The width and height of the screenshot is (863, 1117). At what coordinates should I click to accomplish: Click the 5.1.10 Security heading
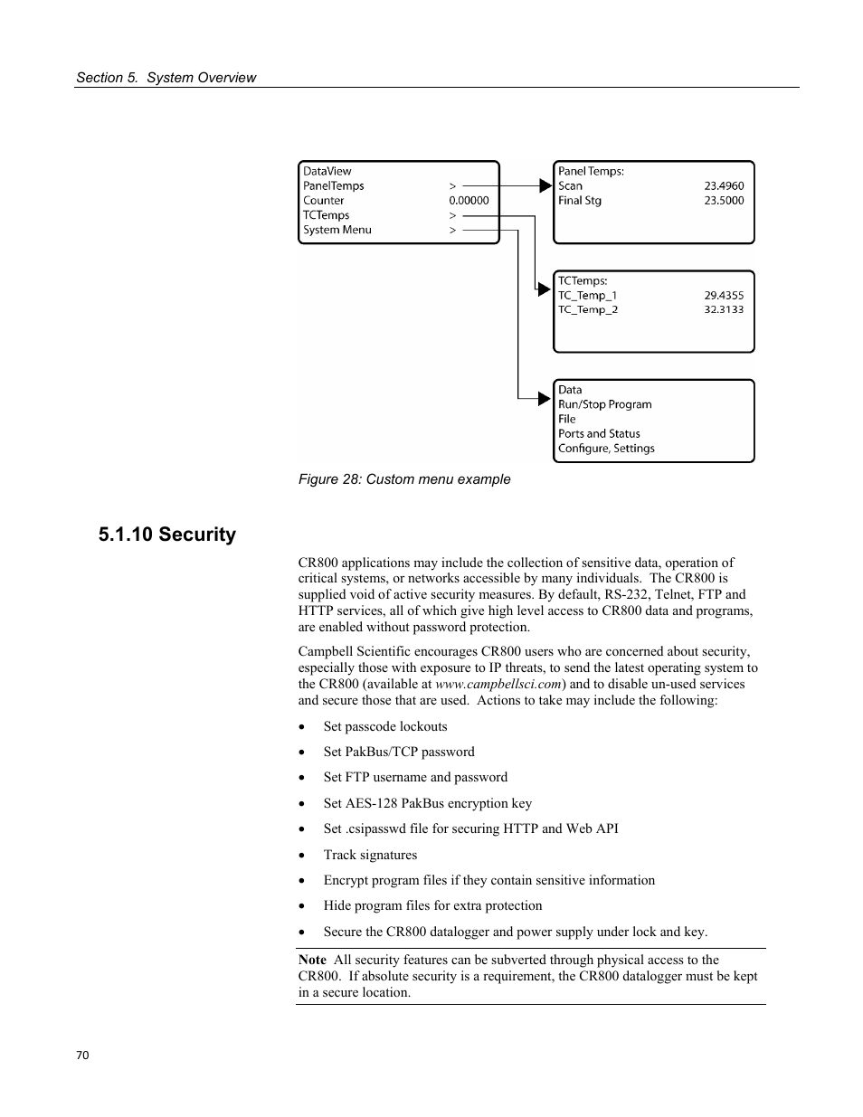pyautogui.click(x=167, y=535)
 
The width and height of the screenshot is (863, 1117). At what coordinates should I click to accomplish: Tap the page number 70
pyautogui.click(x=82, y=1055)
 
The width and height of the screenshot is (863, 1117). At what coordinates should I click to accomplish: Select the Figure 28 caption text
pyautogui.click(x=404, y=479)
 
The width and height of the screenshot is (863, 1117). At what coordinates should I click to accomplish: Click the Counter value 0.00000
pyautogui.click(x=469, y=201)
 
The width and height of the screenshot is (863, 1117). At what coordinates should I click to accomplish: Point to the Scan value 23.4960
pyautogui.click(x=724, y=186)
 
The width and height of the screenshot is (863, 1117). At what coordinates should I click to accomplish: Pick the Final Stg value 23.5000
pyautogui.click(x=724, y=201)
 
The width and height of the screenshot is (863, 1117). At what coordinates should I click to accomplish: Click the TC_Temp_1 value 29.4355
pyautogui.click(x=724, y=296)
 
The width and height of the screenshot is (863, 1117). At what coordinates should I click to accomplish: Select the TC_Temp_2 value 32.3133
pyautogui.click(x=724, y=310)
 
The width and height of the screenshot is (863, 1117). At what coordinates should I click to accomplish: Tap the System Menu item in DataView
pyautogui.click(x=337, y=230)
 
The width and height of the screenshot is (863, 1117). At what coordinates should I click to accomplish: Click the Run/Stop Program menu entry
pyautogui.click(x=604, y=405)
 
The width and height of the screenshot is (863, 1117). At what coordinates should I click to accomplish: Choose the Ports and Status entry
pyautogui.click(x=599, y=434)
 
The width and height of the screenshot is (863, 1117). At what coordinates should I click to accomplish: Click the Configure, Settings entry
pyautogui.click(x=606, y=449)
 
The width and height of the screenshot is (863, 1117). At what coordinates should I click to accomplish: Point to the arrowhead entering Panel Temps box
pyautogui.click(x=545, y=186)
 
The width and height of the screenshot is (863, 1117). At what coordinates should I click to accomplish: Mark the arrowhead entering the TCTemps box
pyautogui.click(x=545, y=289)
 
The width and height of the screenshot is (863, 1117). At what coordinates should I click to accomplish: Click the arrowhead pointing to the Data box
pyautogui.click(x=545, y=398)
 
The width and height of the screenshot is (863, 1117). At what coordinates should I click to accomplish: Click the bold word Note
pyautogui.click(x=312, y=961)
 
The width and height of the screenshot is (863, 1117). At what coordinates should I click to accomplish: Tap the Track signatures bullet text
pyautogui.click(x=370, y=855)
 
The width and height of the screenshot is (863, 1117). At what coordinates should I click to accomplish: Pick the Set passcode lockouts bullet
pyautogui.click(x=385, y=726)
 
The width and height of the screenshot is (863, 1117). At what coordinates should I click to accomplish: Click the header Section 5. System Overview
pyautogui.click(x=166, y=78)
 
